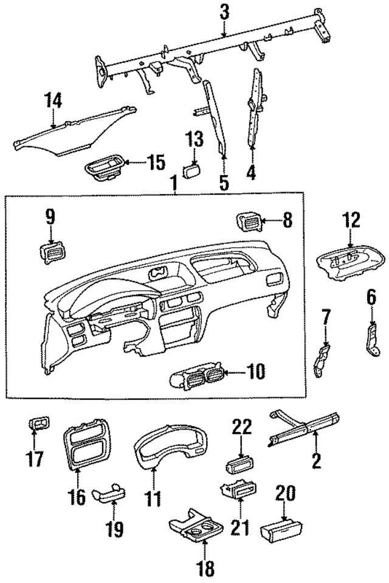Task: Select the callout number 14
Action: click(53, 100)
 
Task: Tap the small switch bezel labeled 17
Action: click(40, 425)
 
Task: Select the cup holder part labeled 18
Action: click(193, 529)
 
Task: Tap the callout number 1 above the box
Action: click(174, 181)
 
